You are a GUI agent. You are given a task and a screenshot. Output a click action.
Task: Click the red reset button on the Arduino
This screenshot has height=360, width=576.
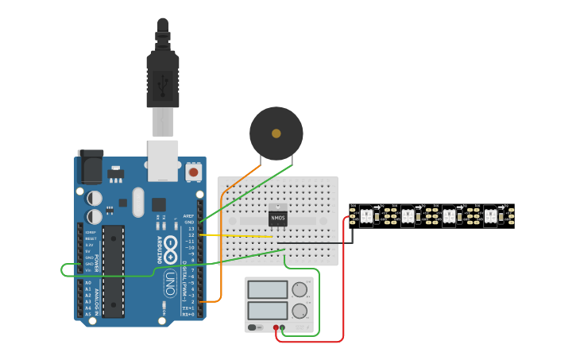193,171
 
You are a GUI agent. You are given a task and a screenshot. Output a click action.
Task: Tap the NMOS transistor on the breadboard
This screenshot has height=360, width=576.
278,215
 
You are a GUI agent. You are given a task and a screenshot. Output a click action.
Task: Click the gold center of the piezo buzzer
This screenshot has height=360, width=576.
276,134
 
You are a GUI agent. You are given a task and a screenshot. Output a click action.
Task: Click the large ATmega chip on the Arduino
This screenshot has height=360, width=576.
113,270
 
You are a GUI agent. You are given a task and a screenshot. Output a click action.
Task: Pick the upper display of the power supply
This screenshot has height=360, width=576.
268,290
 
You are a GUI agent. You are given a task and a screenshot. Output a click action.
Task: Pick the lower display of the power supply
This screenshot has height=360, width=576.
268,311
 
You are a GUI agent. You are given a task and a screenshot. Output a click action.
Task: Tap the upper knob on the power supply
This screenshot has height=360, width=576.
300,290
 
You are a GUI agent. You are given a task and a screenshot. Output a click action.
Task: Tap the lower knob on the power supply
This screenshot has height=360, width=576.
300,311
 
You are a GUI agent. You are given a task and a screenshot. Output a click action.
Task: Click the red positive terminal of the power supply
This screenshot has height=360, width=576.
276,327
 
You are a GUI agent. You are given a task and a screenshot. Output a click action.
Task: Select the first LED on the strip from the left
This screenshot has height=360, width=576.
366,215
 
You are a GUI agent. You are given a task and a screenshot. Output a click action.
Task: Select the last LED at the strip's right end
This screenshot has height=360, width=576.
490,215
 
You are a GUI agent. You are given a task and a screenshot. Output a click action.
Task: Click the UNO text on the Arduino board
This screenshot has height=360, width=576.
169,282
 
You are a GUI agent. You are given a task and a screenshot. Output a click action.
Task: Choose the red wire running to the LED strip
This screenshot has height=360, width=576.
343,286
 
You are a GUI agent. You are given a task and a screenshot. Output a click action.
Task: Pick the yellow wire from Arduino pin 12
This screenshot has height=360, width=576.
238,235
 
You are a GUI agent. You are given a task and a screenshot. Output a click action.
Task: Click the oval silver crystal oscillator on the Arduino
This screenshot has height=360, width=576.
138,202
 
